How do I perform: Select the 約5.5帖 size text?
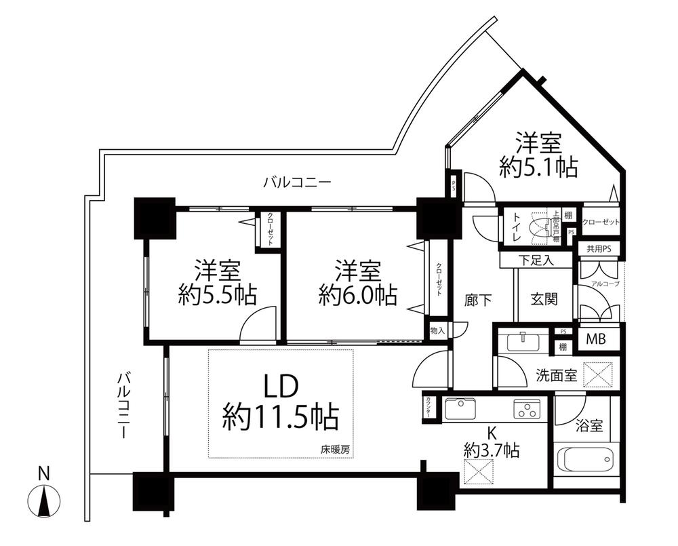pyautogui.click(x=217, y=294)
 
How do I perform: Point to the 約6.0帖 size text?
pyautogui.click(x=358, y=294)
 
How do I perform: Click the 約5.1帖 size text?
pyautogui.click(x=538, y=167)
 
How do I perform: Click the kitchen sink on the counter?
pyautogui.click(x=460, y=409)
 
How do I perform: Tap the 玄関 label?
pyautogui.click(x=544, y=299)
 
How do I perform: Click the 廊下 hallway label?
pyautogui.click(x=479, y=299)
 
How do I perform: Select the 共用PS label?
pyautogui.click(x=599, y=248)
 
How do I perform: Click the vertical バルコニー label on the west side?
pyautogui.click(x=123, y=404)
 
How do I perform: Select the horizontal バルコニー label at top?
pyautogui.click(x=297, y=182)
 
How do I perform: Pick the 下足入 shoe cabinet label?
pyautogui.click(x=536, y=259)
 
